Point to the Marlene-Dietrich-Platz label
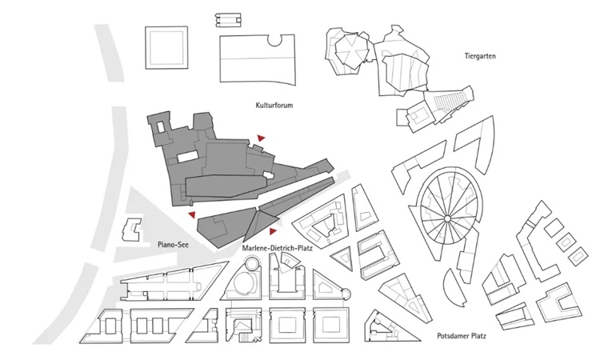pyautogui.click(x=276, y=249)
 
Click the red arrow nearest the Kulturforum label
pyautogui.click(x=260, y=139)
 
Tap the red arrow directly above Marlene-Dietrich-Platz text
pyautogui.click(x=274, y=231)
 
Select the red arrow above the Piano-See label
pyautogui.click(x=190, y=214)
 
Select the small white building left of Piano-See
pyautogui.click(x=130, y=229)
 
